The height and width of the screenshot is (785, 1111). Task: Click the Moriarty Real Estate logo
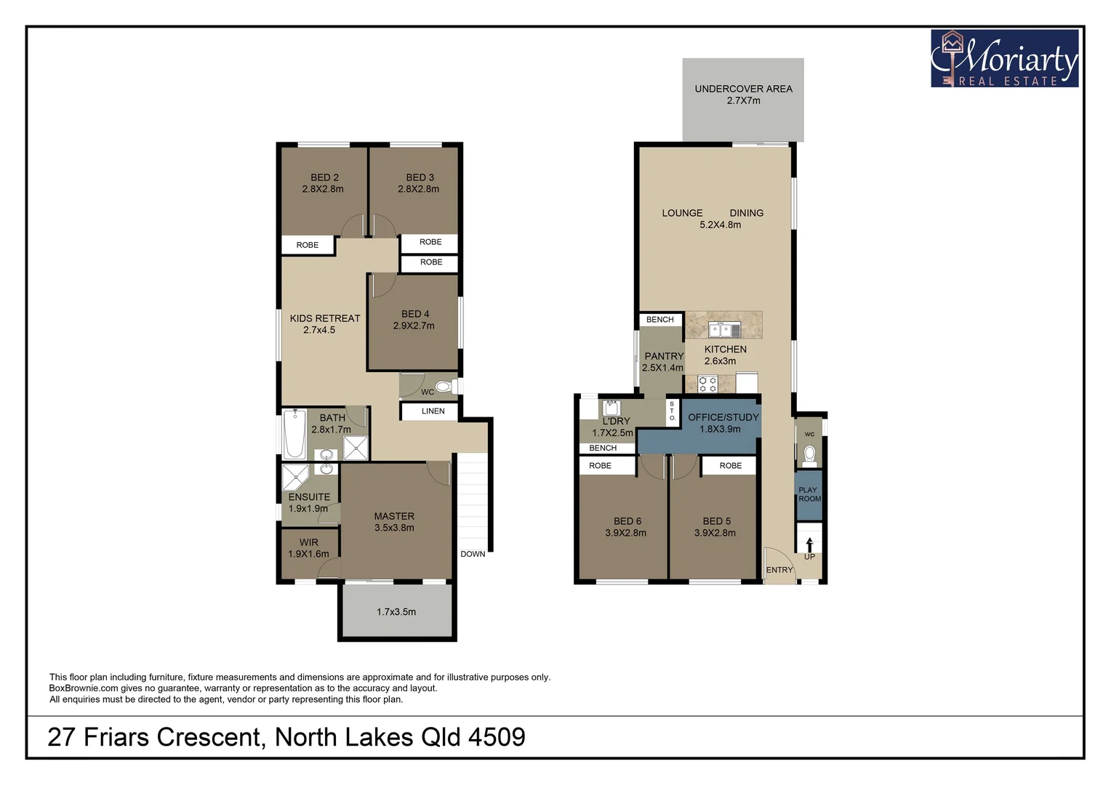tap(1004, 59)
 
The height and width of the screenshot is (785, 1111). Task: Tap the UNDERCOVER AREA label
tap(743, 89)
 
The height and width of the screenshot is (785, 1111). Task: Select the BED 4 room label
tap(414, 314)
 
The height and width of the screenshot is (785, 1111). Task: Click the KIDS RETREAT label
tap(324, 318)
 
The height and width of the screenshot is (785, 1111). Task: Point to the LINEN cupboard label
tap(433, 411)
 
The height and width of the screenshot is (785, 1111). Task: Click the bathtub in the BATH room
tap(294, 434)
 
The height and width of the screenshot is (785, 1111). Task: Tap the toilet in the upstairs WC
tap(442, 386)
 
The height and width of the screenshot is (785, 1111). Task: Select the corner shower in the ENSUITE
tap(295, 477)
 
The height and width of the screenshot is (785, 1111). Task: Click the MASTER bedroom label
tap(394, 516)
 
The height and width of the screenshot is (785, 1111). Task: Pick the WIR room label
tap(308, 542)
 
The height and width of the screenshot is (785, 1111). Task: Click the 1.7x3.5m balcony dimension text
tap(396, 612)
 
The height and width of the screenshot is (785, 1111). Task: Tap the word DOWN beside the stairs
tap(473, 554)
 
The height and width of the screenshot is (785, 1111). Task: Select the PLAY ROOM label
tap(809, 494)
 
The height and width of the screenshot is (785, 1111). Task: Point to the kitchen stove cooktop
tap(707, 384)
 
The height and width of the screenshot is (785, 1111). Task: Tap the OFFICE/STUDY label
tap(723, 417)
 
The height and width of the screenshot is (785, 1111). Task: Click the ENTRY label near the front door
tap(779, 570)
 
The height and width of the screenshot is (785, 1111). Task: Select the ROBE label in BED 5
tap(730, 466)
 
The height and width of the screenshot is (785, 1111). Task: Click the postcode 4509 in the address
tap(497, 737)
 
